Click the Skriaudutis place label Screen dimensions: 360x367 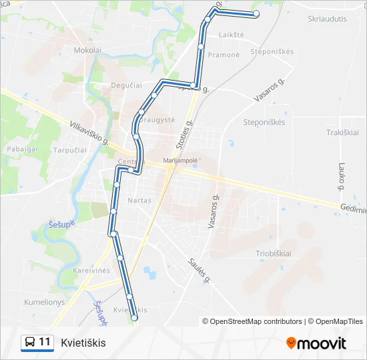point(327,19)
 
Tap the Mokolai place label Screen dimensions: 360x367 point(88,50)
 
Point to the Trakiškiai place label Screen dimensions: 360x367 point(343,133)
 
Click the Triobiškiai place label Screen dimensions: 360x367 point(274,254)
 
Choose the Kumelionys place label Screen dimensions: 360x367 point(44,302)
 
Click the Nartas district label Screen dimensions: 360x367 point(139,200)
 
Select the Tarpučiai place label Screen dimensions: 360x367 point(70,150)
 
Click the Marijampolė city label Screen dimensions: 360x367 point(181,161)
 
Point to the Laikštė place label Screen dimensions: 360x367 point(231,34)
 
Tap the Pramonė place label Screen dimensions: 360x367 point(224,55)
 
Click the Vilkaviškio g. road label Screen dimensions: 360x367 point(89,133)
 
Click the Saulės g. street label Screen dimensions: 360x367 point(199,270)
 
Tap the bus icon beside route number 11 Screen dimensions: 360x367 point(30,343)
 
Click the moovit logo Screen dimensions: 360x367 point(316,343)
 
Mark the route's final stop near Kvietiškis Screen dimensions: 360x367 point(134,319)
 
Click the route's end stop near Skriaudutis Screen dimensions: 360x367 point(256,14)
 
